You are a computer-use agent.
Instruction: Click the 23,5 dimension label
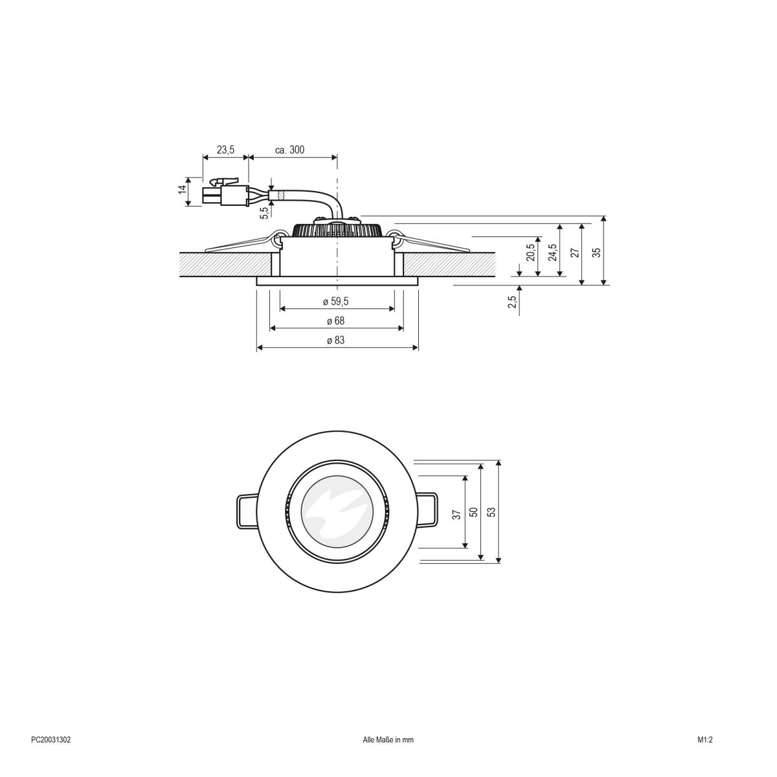point(225,150)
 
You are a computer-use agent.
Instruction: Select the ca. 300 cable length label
point(289,150)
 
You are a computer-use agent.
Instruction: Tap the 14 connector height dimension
point(183,190)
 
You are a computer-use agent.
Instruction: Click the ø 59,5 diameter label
point(337,302)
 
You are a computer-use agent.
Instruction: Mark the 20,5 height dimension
point(531,253)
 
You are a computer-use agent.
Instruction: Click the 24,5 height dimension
point(552,252)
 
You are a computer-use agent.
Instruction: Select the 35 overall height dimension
point(597,252)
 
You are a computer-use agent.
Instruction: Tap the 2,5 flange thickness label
point(512,302)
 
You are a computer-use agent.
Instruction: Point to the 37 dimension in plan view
point(457,515)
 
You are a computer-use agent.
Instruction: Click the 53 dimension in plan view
point(491,512)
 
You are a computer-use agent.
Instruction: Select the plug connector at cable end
point(226,193)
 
